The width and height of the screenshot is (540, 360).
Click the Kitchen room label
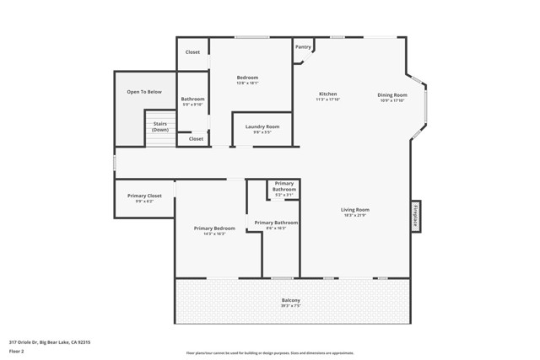[327, 94]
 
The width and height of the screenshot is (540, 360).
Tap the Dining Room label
[391, 95]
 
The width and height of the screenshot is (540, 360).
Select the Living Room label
[355, 210]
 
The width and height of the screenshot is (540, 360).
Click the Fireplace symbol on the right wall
[415, 216]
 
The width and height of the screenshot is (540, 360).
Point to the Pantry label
[303, 47]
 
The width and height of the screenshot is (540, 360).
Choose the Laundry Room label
[262, 127]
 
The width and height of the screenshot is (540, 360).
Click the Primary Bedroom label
[214, 228]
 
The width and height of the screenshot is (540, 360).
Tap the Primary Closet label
[144, 196]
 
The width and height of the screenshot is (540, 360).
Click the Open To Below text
[144, 92]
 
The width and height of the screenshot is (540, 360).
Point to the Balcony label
[290, 300]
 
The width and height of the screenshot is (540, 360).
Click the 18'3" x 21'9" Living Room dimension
[355, 215]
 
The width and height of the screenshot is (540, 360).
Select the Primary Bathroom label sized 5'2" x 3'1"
[284, 186]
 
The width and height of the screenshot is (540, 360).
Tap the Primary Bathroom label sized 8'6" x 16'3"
[276, 223]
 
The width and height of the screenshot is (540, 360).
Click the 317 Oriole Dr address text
[50, 342]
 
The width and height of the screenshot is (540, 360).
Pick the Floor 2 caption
[16, 351]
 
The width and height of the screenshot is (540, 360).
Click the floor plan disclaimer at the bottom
[270, 353]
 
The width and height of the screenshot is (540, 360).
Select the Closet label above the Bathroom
[192, 52]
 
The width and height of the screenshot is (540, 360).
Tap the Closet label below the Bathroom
[196, 139]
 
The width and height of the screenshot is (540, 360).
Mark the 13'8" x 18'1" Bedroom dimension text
[247, 83]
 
